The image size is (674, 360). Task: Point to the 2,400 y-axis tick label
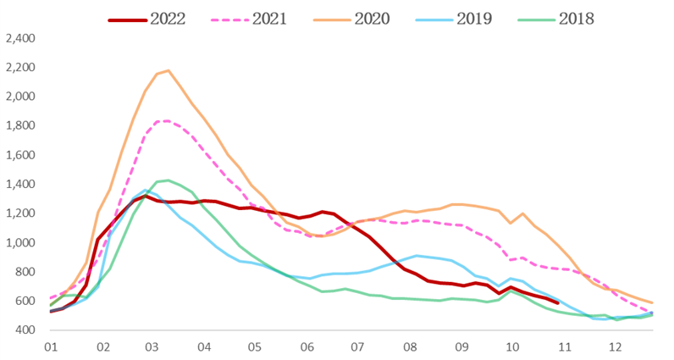tap(19, 38)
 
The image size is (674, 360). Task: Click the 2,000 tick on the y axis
tap(19, 97)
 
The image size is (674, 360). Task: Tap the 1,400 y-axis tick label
tap(19, 185)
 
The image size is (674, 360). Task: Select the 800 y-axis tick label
tap(25, 272)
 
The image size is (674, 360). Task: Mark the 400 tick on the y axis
tap(25, 330)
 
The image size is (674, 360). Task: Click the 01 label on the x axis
tap(51, 346)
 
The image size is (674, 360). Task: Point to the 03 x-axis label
tap(152, 346)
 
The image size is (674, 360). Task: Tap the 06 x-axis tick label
tap(307, 346)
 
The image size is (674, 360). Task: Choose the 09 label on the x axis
tap(461, 346)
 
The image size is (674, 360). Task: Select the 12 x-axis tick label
tap(616, 346)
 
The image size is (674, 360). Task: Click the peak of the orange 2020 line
tap(168, 70)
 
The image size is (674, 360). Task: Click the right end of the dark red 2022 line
tap(557, 302)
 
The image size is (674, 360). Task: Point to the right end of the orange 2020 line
tap(652, 303)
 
